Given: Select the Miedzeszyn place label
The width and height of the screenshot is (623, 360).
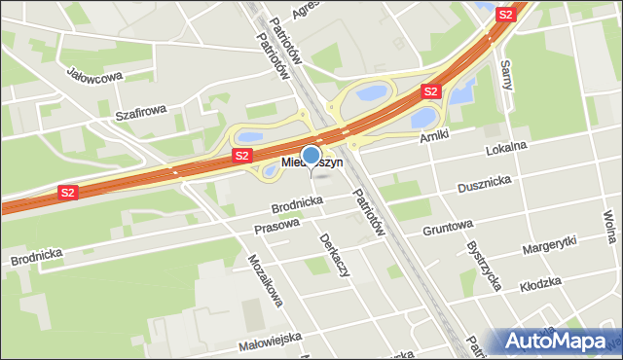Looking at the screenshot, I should (x=311, y=163).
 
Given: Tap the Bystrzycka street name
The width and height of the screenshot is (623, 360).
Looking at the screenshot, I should (x=483, y=267).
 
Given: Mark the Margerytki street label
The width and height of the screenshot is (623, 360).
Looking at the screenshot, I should (x=549, y=243).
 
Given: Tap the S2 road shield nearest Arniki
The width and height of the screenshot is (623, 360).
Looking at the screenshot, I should (x=431, y=91).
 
